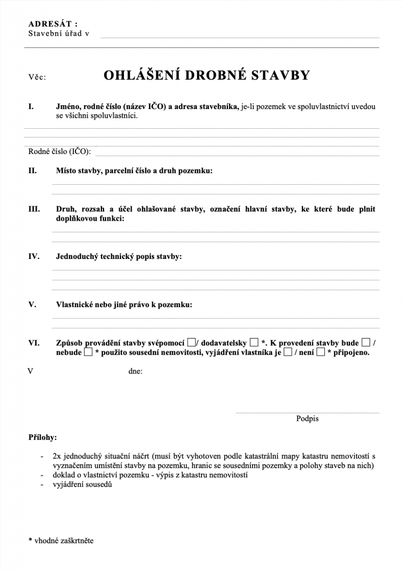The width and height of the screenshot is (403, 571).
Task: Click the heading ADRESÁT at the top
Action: [53, 24]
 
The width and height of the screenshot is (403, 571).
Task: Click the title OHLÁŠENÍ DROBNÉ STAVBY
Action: [206, 75]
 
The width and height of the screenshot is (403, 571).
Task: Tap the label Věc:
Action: [37, 77]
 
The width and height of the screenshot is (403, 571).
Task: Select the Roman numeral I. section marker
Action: [31, 106]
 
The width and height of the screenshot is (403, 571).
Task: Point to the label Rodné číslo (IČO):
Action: [59, 151]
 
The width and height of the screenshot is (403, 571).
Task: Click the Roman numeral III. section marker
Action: [34, 209]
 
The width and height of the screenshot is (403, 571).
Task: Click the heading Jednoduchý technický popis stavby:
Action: [119, 256]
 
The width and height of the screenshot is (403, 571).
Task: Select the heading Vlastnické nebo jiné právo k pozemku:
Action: [124, 305]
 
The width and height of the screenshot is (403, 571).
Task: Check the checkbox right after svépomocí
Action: [191, 343]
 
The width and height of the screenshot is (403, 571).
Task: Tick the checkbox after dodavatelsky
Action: [254, 343]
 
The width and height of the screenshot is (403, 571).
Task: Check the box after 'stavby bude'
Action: [366, 343]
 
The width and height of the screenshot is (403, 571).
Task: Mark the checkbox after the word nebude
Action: [88, 353]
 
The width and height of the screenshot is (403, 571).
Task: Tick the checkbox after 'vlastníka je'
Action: [288, 353]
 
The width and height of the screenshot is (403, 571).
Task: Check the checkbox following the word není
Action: [320, 353]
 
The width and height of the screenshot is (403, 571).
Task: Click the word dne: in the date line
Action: [135, 371]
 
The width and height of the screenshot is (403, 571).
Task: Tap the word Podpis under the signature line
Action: [307, 419]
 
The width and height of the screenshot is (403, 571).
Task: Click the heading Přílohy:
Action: [43, 437]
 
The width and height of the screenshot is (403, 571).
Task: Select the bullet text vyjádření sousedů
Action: [82, 484]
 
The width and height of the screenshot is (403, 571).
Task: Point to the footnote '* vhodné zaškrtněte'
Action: [61, 541]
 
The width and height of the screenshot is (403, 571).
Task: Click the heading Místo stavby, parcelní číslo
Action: [134, 171]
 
